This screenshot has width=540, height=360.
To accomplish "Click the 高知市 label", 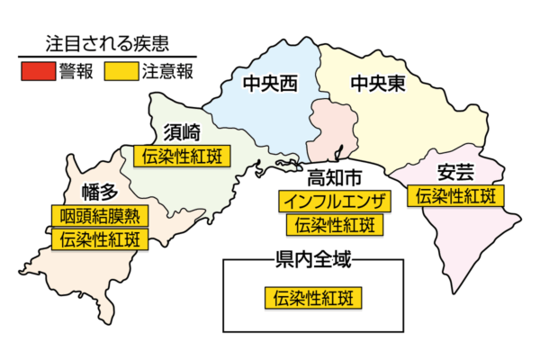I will click(334, 176).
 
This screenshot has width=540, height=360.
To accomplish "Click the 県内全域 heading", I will click(312, 260).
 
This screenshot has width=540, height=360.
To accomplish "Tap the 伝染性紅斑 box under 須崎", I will click(182, 156).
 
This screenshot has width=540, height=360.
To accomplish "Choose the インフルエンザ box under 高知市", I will click(334, 201).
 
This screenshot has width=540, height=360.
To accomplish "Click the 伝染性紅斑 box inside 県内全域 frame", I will click(311, 297).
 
